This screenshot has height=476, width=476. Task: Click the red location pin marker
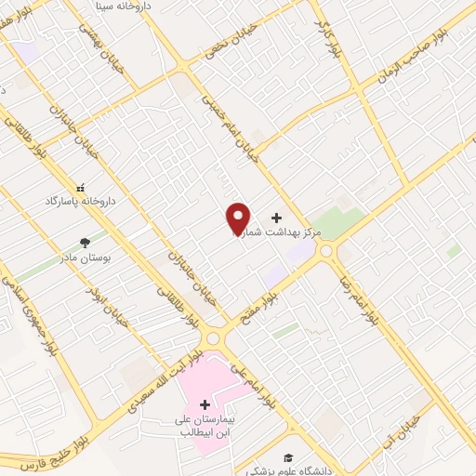tap(238, 218)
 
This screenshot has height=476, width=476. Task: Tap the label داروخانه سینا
tap(127, 6)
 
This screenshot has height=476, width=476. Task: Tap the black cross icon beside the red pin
tap(275, 216)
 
